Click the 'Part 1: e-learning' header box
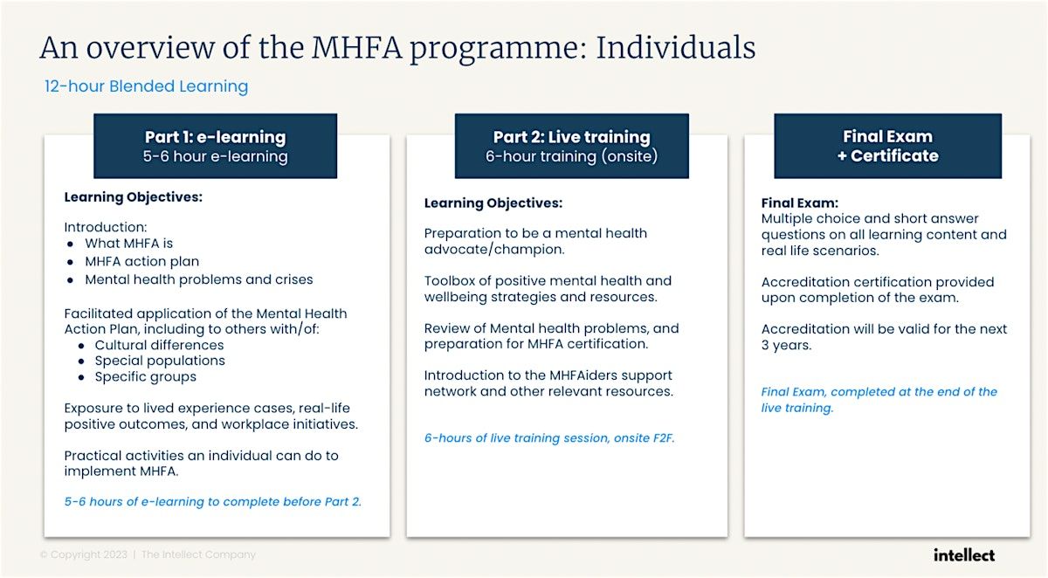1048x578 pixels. pos(215,146)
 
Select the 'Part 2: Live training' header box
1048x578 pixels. pos(571,146)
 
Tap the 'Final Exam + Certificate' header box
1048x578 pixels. pos(887,146)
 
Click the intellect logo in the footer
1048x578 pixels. pos(963,554)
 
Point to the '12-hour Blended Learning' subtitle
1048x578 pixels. pos(147,86)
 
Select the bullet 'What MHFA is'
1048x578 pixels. pos(128,244)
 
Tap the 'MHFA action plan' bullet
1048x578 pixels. pos(141,261)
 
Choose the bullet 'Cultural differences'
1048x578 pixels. pos(159,345)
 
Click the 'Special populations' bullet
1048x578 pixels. pos(160,361)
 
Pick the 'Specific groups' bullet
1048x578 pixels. pos(145,376)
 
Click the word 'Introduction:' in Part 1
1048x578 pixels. pos(106,227)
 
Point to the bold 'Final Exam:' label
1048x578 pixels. pos(800,203)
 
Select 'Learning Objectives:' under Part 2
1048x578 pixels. pos(493,203)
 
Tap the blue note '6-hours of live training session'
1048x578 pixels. pos(549,438)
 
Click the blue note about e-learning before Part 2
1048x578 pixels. pos(212,502)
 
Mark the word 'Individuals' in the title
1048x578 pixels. pos(675,47)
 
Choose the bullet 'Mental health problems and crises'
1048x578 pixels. pos(198,279)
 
